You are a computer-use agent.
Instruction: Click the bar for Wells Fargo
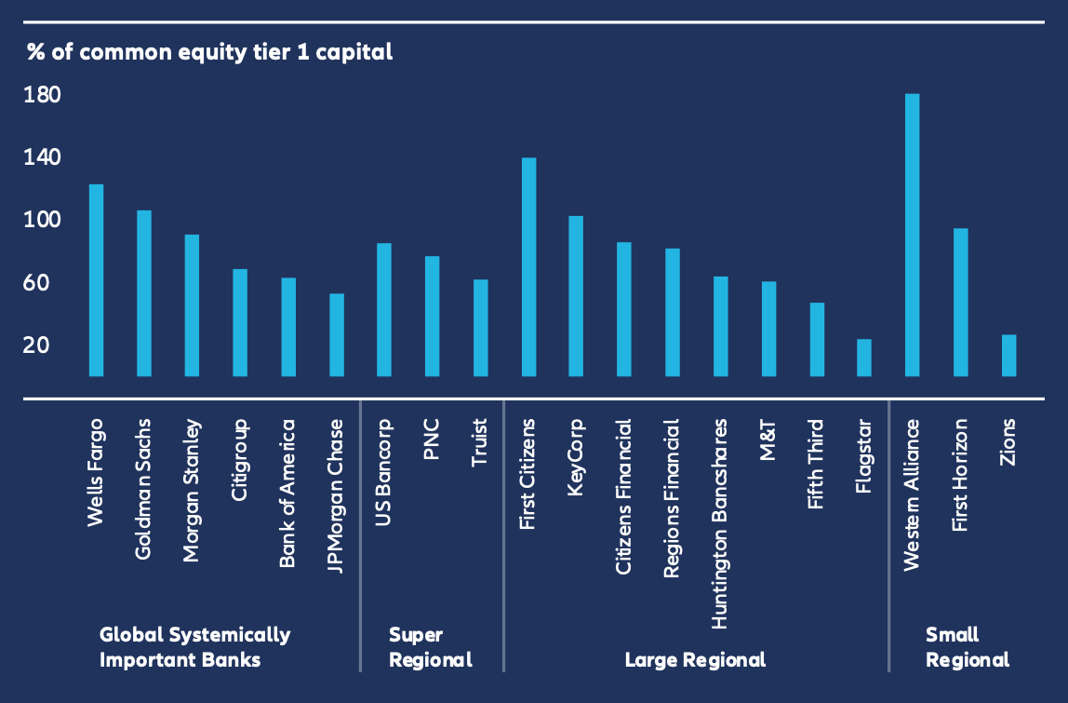(x=96, y=279)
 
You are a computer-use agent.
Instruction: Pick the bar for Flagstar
(x=864, y=358)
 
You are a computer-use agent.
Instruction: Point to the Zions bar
(x=1008, y=356)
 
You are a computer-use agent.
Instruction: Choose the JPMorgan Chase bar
(x=337, y=335)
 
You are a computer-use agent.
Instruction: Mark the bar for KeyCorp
(x=576, y=296)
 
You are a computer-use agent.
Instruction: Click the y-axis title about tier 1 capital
(x=209, y=52)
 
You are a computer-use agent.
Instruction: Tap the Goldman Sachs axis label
(x=144, y=488)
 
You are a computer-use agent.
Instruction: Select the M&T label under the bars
(x=768, y=439)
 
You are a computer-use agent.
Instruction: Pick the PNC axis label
(x=432, y=439)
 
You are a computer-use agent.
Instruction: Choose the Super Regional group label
(x=430, y=647)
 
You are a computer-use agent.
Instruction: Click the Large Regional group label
(x=695, y=660)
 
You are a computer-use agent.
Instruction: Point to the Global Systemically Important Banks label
(x=194, y=647)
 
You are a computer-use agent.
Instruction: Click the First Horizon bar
(x=961, y=302)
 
